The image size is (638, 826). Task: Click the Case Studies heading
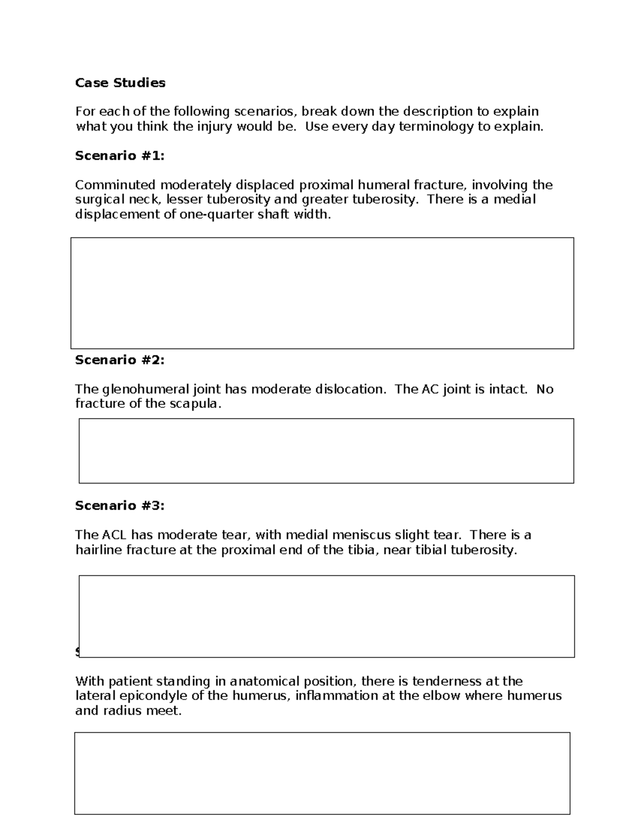(120, 82)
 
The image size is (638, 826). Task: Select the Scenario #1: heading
(120, 155)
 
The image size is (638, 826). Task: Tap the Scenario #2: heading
(120, 360)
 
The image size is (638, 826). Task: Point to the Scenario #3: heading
(120, 505)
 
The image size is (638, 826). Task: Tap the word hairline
(98, 550)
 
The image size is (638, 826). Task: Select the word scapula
(194, 404)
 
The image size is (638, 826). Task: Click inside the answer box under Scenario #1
(322, 293)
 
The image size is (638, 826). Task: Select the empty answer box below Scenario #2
(326, 450)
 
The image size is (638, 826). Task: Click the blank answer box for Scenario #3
(326, 616)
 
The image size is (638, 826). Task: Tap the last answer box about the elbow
(322, 773)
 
